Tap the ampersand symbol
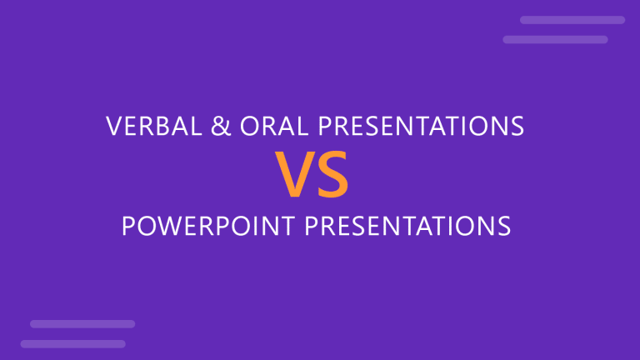[x=220, y=127]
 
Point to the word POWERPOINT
[x=204, y=227]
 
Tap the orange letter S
[x=333, y=177]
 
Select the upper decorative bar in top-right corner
[x=572, y=20]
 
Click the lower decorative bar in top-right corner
[x=555, y=39]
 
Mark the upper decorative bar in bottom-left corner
[x=82, y=323]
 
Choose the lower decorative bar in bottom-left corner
[x=72, y=343]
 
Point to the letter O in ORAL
[x=247, y=127]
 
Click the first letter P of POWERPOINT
[x=129, y=227]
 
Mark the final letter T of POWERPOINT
[x=285, y=227]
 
